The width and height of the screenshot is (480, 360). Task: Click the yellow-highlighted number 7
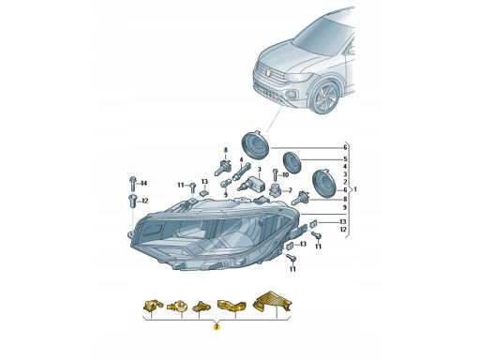click(x=217, y=327)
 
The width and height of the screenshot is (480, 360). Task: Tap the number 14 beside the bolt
click(x=143, y=183)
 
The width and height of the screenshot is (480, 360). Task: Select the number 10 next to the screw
click(x=285, y=174)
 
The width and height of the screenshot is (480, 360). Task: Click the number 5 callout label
click(x=345, y=159)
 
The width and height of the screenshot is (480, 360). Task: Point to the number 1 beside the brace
click(x=355, y=189)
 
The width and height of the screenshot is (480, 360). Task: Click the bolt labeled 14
click(x=132, y=183)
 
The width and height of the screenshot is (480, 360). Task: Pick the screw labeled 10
click(x=275, y=174)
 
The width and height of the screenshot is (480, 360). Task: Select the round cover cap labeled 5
click(x=292, y=161)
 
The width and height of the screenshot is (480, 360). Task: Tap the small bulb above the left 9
click(x=225, y=184)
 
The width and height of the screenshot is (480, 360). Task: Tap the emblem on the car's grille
click(x=268, y=73)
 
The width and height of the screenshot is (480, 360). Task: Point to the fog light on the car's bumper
click(x=289, y=94)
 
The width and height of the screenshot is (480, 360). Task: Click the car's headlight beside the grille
click(x=300, y=77)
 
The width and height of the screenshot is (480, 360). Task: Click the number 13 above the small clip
click(x=204, y=182)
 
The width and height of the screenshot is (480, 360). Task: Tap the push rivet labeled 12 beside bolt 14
click(x=132, y=201)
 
